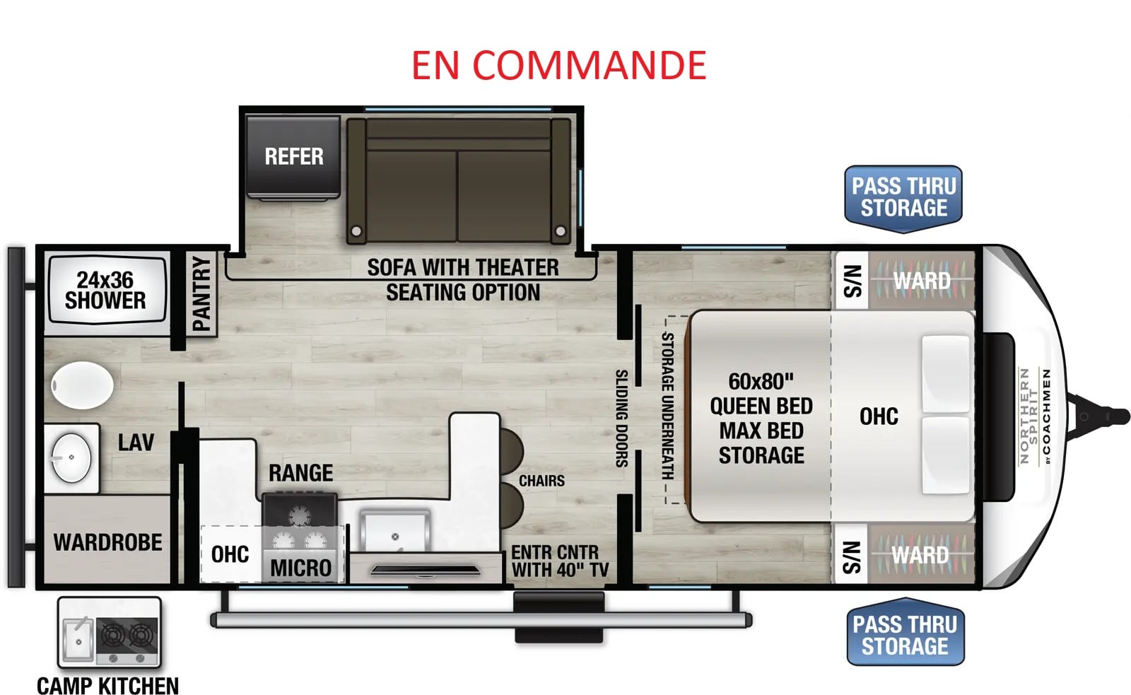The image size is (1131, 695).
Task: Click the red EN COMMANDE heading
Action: (558, 66)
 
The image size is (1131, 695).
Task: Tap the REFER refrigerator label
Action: (294, 156)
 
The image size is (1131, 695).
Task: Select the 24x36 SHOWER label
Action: (105, 291)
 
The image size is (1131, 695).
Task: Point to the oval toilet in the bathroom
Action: (82, 385)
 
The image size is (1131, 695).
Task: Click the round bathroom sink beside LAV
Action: (71, 457)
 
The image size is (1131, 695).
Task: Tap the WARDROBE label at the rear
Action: (108, 542)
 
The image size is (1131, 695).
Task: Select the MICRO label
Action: (301, 568)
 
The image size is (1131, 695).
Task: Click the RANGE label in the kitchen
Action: (301, 473)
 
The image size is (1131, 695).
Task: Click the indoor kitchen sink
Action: (395, 532)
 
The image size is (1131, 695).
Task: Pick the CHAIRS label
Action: (541, 481)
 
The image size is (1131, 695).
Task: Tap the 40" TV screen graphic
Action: (425, 571)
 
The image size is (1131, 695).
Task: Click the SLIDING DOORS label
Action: (621, 419)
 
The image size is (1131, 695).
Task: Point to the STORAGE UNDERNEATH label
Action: (667, 406)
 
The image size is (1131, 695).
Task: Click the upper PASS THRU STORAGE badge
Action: (903, 199)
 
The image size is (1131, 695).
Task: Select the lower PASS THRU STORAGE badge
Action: (906, 632)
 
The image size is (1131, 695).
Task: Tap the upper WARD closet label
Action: (922, 281)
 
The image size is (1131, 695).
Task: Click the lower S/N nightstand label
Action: (852, 558)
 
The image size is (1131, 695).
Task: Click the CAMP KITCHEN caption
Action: (108, 686)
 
